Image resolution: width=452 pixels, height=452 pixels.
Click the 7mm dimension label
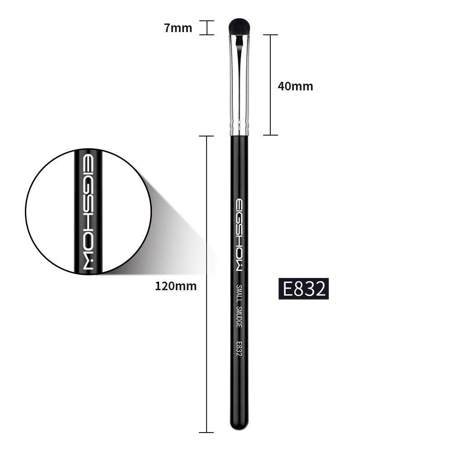[x=178, y=28]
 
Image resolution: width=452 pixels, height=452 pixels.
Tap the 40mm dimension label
[x=295, y=86]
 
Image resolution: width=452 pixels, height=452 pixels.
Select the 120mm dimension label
[x=176, y=286]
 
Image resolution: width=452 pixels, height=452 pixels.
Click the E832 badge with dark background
[x=303, y=289]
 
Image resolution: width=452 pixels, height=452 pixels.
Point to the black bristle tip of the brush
[x=239, y=26]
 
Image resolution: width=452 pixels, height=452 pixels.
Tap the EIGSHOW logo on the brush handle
[x=239, y=235]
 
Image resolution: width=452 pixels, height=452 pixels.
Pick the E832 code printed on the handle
[x=239, y=348]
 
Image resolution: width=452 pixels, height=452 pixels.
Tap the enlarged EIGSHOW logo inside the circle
[x=89, y=212]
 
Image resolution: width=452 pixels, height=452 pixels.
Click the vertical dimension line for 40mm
[x=270, y=86]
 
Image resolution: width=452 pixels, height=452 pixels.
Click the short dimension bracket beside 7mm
[x=207, y=28]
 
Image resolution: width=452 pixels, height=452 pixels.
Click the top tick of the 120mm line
[x=207, y=136]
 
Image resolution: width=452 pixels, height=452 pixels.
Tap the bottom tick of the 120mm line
[x=207, y=433]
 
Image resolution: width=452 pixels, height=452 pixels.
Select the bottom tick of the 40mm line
[x=270, y=135]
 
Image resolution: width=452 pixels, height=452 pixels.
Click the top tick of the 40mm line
[x=270, y=35]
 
